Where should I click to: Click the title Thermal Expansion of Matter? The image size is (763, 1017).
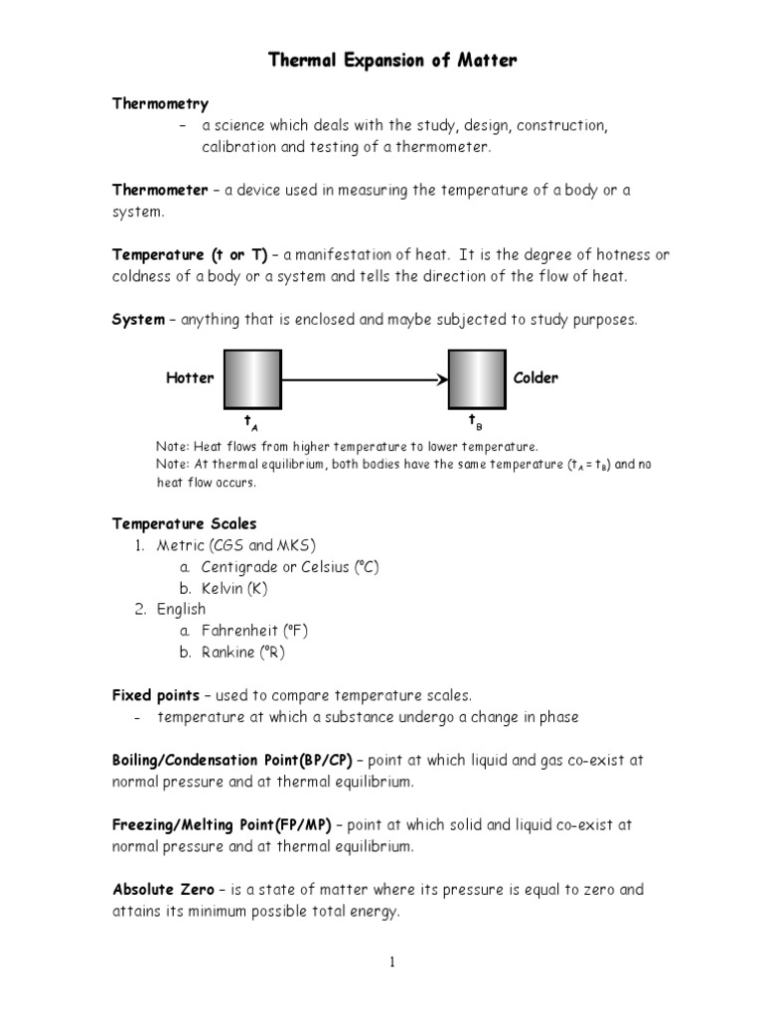pos(392,62)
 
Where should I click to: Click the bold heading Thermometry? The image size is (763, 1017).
pos(160,103)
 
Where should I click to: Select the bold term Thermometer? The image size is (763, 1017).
pos(160,190)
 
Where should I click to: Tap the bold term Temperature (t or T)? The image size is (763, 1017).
pos(190,255)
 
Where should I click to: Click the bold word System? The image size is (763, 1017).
pos(138,320)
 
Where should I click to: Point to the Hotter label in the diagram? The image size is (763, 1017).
pos(190,377)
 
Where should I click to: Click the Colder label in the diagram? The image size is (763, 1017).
pos(535,377)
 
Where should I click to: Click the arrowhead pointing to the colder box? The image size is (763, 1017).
pos(440,378)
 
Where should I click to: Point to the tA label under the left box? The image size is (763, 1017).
pos(251,423)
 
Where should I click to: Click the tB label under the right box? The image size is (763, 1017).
pos(475,422)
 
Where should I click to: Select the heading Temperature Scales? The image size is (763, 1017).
pos(184,523)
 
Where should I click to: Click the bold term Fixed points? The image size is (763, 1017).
pos(156,695)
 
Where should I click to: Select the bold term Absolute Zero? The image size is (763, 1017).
pos(162,890)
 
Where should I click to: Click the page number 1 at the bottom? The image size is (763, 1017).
pos(393,962)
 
